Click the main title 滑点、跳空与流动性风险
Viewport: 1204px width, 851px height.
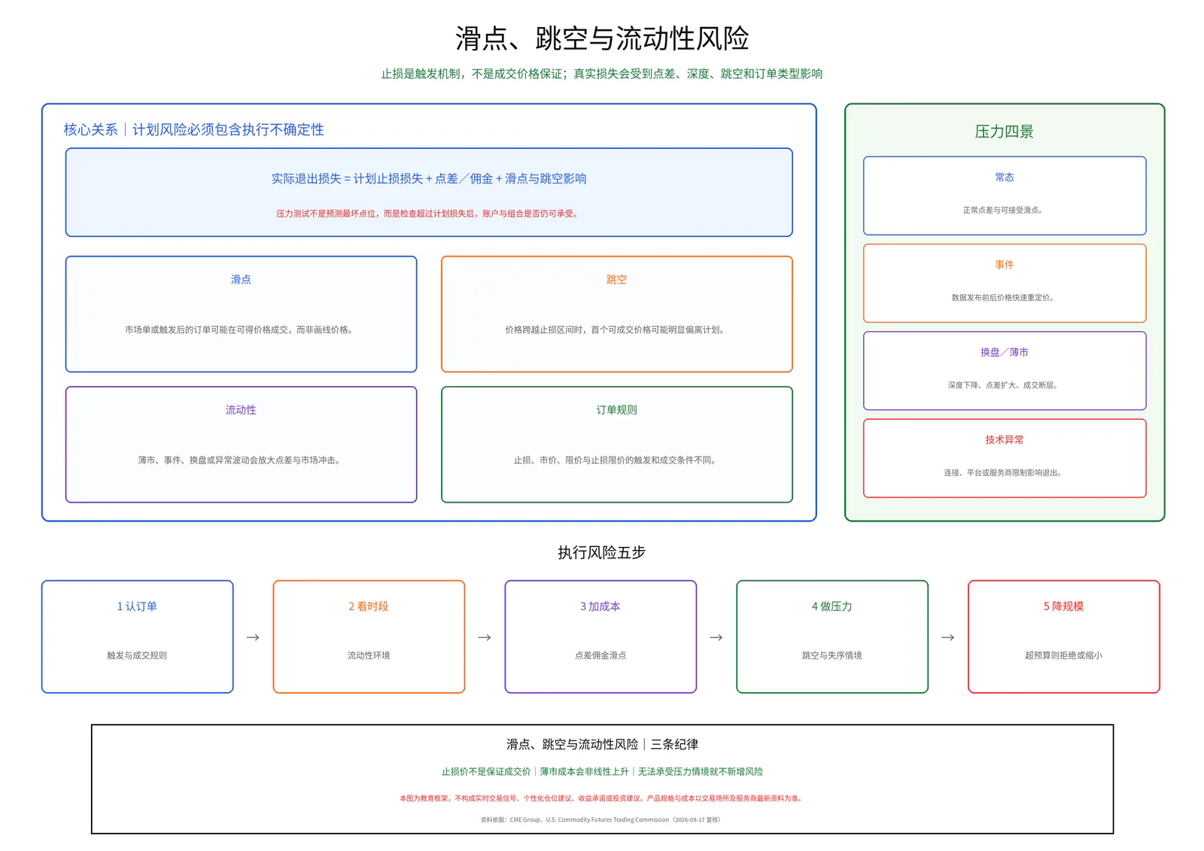602,38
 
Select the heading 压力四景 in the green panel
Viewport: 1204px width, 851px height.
1004,132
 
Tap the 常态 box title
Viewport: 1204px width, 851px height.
1004,178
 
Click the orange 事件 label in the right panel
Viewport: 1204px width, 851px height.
1004,265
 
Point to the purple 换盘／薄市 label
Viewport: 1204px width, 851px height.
1004,352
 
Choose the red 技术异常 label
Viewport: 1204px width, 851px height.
1004,439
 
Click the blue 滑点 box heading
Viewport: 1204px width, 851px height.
241,280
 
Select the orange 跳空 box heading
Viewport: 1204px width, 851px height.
616,280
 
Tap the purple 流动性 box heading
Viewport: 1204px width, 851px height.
241,410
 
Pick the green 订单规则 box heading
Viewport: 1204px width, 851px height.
616,410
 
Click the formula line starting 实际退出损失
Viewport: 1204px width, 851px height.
429,178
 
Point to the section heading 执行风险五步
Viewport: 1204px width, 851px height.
601,552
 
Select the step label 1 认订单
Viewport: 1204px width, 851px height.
137,606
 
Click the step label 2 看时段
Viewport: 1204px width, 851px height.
369,606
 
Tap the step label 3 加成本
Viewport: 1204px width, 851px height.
600,606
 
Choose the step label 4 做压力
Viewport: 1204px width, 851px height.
832,606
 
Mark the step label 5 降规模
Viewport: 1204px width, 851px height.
1064,606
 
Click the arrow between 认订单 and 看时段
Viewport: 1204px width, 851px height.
253,637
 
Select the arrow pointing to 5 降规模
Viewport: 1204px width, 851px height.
948,637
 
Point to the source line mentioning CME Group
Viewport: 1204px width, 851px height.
601,820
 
